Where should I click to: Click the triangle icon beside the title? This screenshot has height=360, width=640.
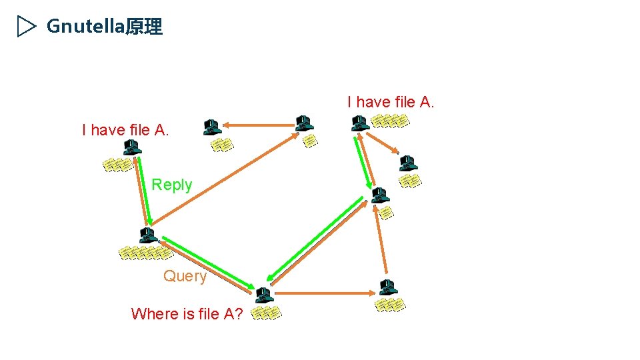coord(26,27)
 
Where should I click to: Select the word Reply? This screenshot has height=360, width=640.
coord(171,185)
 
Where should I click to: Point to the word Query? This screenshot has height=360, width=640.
coord(185,276)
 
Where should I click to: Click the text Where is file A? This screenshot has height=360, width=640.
coord(187,313)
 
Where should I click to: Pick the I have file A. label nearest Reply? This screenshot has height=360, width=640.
coord(125,130)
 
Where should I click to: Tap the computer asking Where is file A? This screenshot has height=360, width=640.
coord(264,295)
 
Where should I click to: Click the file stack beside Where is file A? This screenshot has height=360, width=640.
coord(267,313)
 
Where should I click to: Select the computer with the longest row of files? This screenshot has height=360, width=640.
coord(147,235)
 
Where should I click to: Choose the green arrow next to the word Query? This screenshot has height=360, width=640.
coord(207,263)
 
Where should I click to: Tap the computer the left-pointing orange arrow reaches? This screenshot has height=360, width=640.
coord(212,126)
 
